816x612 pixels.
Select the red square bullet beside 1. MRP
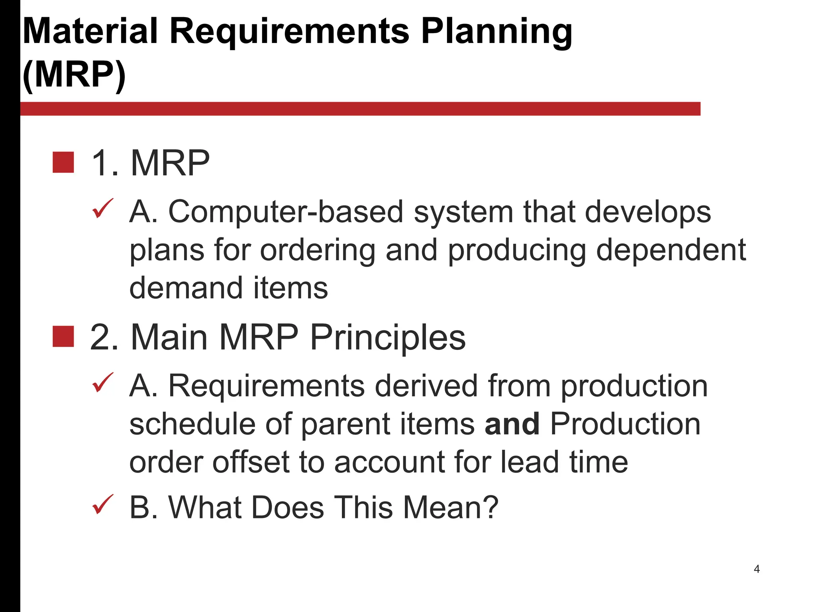63,163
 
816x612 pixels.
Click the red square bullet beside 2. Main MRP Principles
63,337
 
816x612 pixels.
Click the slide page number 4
757,569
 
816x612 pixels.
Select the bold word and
512,424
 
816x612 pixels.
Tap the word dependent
671,250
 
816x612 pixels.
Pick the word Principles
387,338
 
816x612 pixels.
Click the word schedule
192,424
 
